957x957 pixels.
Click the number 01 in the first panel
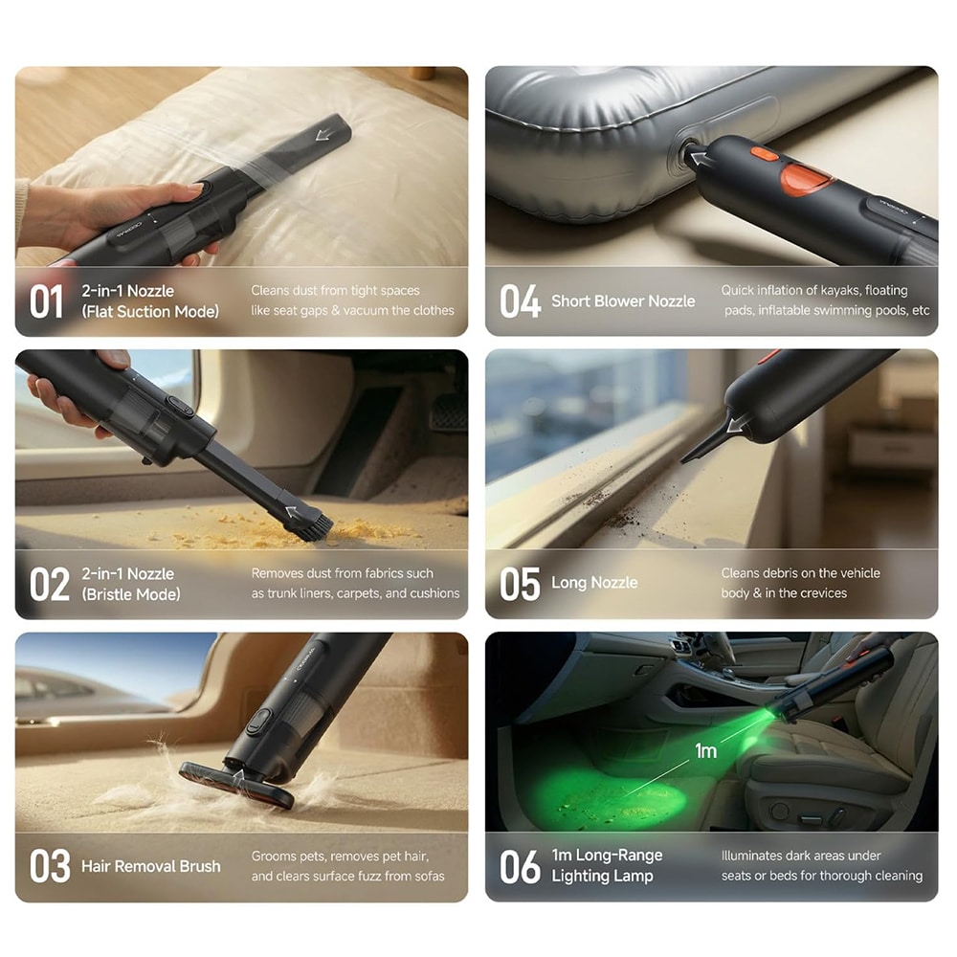click(46, 301)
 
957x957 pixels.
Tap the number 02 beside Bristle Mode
click(50, 584)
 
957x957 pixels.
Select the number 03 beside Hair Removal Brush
click(50, 866)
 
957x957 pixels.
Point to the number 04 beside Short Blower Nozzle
click(520, 301)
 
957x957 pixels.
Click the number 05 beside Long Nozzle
click(520, 584)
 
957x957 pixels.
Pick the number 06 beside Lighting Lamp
click(520, 867)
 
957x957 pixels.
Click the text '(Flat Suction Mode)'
click(150, 312)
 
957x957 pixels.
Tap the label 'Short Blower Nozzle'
click(623, 300)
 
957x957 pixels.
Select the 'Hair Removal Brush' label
click(151, 866)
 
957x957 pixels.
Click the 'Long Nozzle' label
click(594, 583)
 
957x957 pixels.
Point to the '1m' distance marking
click(705, 750)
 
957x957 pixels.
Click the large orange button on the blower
click(806, 179)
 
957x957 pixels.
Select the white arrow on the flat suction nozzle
click(323, 134)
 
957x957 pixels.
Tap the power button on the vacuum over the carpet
click(258, 721)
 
